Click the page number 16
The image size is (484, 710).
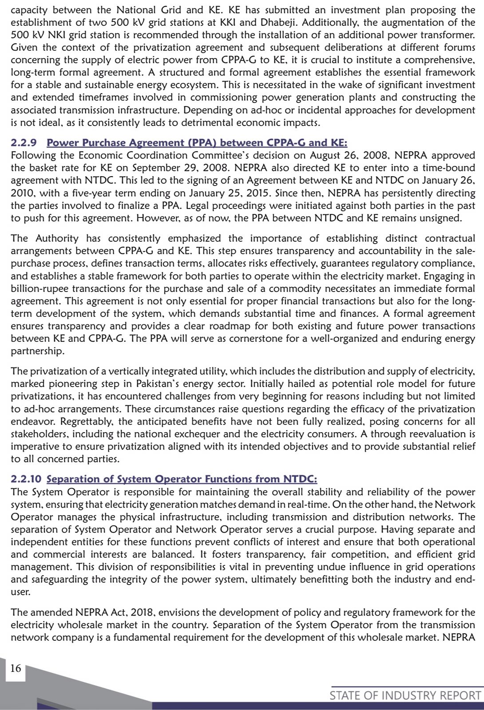pos(16,668)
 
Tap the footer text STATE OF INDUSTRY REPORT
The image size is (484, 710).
pos(405,695)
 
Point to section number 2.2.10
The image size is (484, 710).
pos(27,479)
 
